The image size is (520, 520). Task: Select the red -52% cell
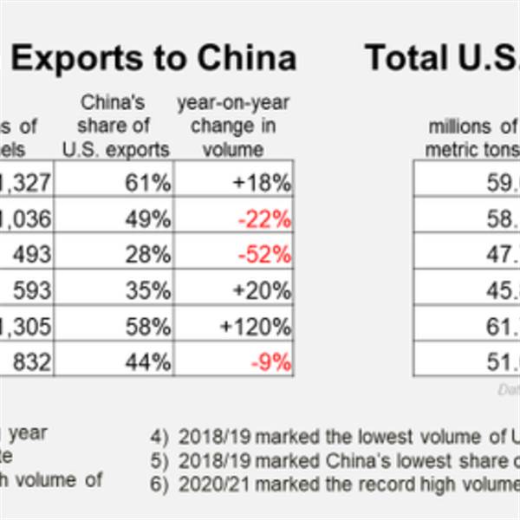tap(264, 255)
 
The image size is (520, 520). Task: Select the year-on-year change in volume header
tap(233, 126)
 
